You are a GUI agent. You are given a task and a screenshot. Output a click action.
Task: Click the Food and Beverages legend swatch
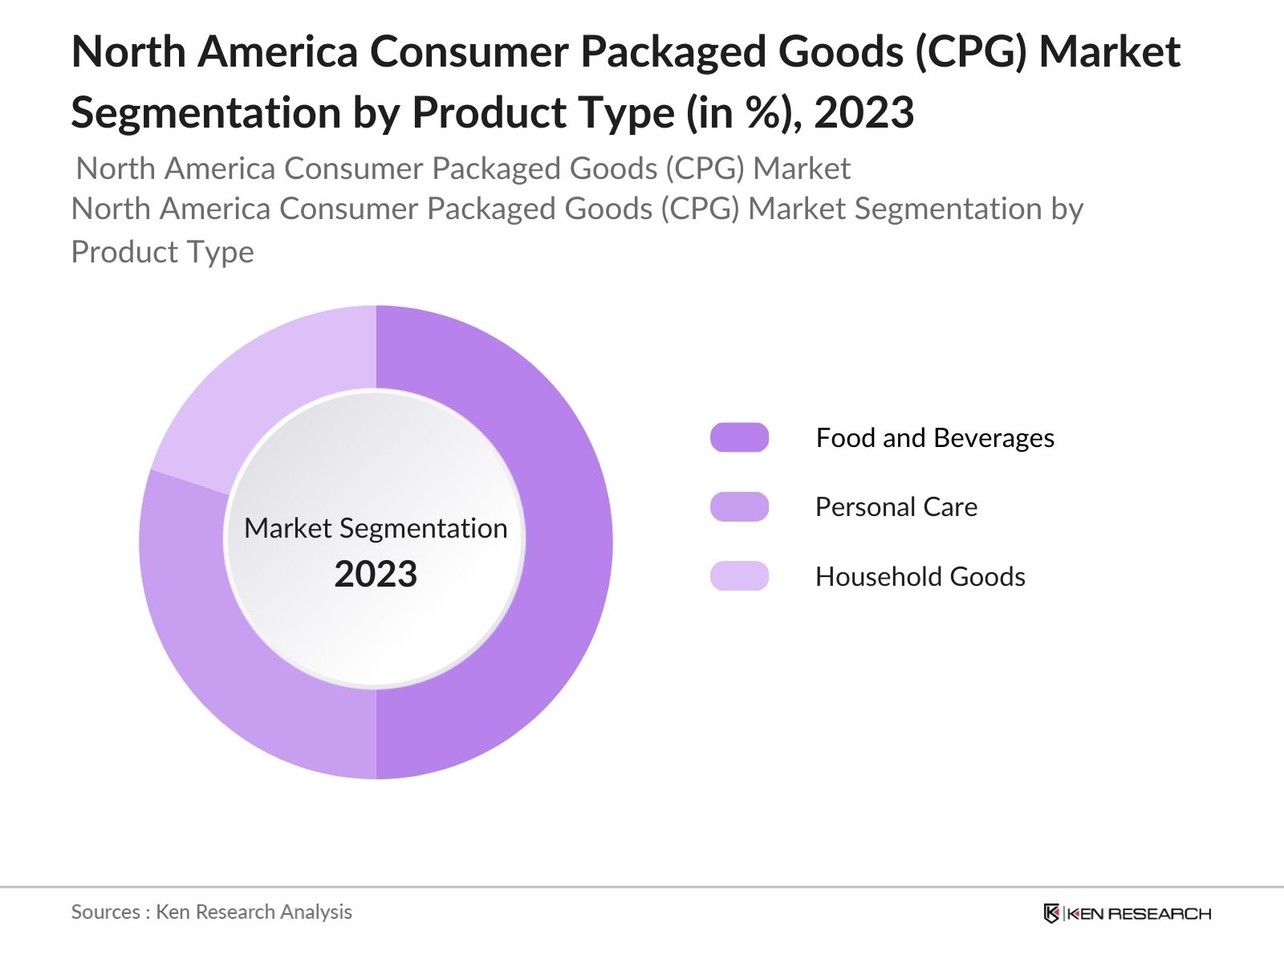tap(739, 437)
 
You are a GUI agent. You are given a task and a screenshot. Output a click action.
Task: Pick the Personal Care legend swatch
tap(739, 507)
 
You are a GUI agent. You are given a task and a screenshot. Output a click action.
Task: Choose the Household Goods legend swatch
tap(739, 576)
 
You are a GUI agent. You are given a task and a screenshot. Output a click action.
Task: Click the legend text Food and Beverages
tap(935, 438)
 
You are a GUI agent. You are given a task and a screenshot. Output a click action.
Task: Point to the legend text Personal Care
tap(896, 507)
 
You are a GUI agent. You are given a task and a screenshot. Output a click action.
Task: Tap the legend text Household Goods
tap(920, 577)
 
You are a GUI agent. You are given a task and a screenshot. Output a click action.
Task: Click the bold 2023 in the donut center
tap(376, 575)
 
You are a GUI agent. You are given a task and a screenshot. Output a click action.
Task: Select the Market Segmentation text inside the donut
tap(376, 528)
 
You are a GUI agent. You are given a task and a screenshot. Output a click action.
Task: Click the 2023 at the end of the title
tap(864, 112)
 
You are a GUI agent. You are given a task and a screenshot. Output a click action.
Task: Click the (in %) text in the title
tap(743, 112)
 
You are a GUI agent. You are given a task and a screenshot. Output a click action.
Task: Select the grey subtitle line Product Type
tap(163, 252)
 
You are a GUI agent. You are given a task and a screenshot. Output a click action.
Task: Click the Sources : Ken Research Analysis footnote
tap(212, 912)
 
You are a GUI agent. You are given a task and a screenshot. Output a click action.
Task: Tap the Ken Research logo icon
tap(1051, 913)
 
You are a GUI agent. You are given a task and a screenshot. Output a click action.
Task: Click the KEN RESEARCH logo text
tap(1138, 913)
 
